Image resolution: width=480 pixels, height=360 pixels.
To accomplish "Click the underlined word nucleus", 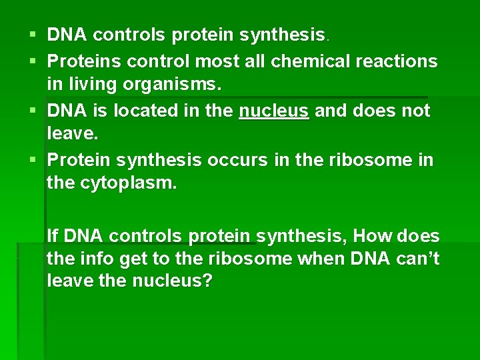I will [273, 110].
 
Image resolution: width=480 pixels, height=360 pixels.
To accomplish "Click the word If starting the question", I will [52, 235].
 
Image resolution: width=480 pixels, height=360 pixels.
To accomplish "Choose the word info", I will [93, 259].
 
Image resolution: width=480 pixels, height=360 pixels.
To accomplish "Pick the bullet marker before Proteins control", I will [32, 61].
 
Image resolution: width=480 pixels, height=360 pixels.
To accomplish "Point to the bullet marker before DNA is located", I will [32, 110].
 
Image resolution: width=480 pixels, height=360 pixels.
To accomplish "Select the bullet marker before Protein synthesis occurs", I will [32, 160].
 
